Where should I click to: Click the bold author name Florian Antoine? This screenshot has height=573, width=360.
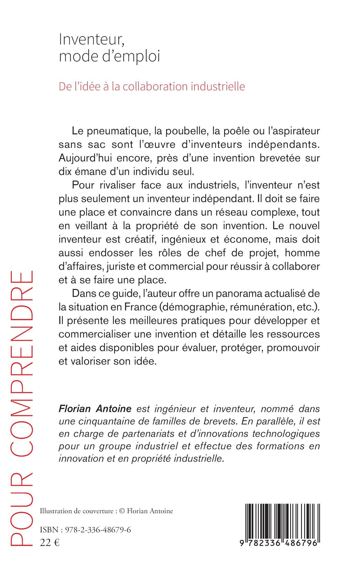tap(95, 408)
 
